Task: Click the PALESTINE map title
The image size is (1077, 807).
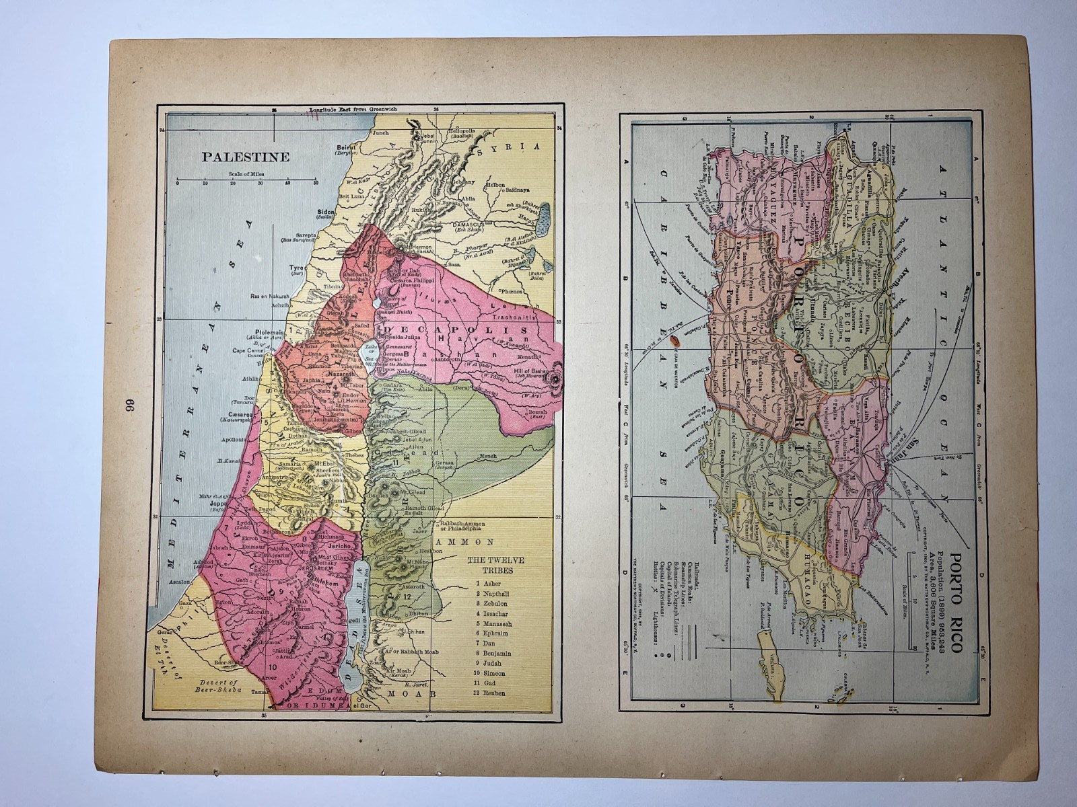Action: pyautogui.click(x=246, y=157)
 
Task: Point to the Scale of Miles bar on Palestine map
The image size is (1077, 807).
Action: pyautogui.click(x=246, y=180)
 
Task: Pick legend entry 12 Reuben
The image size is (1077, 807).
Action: pyautogui.click(x=495, y=693)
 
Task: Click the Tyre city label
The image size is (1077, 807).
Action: pyautogui.click(x=297, y=268)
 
